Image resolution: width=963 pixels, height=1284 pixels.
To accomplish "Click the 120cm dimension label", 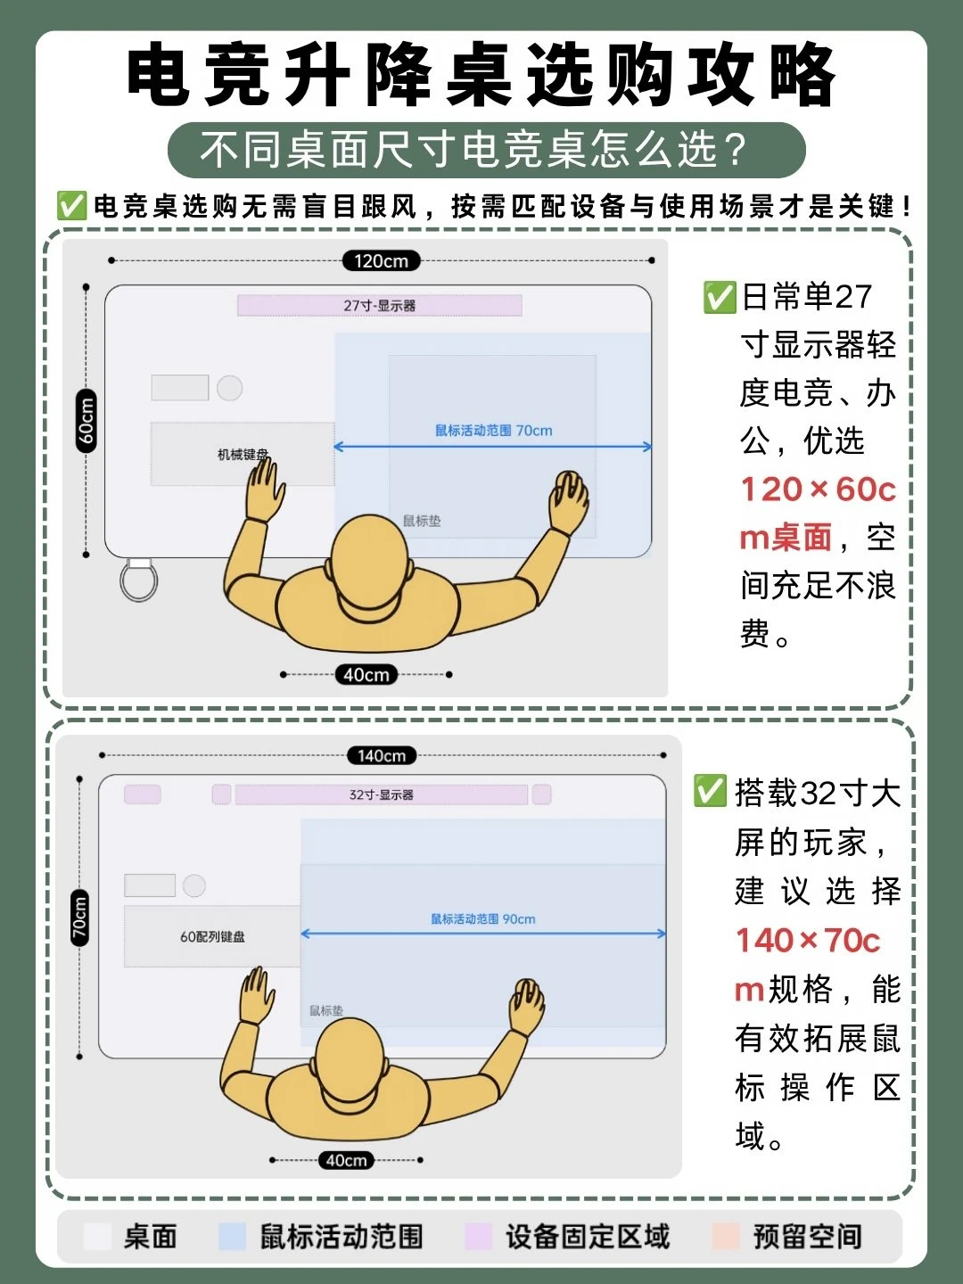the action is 381,261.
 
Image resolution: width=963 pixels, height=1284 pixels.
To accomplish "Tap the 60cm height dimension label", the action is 86,421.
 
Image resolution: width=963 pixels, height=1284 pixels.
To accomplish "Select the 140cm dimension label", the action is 382,755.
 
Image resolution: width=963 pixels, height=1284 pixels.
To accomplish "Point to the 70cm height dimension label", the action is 79,918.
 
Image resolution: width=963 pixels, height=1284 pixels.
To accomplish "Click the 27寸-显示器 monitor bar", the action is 380,305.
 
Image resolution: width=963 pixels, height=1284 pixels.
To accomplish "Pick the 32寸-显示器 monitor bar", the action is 382,794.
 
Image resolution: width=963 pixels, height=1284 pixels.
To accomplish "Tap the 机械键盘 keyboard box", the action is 243,454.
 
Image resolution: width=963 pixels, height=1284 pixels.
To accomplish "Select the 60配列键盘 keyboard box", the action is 212,936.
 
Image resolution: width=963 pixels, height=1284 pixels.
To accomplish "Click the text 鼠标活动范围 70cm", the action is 493,431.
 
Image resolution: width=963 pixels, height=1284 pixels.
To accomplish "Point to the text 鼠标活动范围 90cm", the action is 483,919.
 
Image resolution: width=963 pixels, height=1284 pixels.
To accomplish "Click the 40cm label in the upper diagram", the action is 366,674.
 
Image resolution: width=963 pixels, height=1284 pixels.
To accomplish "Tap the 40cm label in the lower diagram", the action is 346,1160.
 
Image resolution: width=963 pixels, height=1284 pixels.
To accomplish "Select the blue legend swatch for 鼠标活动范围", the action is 232,1236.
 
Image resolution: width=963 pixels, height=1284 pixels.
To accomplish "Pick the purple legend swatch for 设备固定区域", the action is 478,1236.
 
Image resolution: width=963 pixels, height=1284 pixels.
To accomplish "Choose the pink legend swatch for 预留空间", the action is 726,1236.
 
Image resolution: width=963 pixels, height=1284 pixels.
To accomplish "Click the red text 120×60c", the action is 818,490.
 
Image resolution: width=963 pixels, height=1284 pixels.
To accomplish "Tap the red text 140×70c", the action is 808,941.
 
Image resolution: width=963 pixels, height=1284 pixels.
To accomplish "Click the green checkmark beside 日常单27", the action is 720,297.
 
